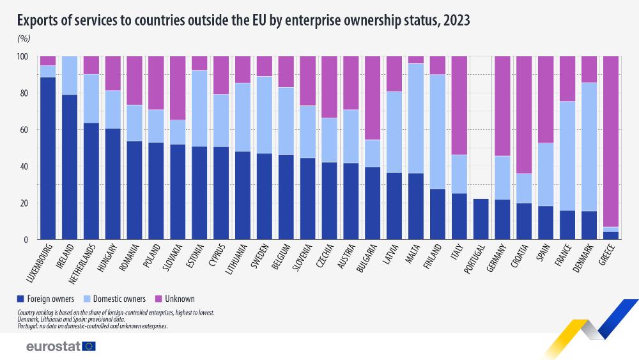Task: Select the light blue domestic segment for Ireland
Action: pos(70,75)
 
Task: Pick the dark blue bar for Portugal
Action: pos(479,219)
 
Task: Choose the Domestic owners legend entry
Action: pos(118,299)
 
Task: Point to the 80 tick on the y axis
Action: pos(24,93)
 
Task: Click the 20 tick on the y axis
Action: pos(24,203)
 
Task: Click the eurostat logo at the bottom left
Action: pos(61,346)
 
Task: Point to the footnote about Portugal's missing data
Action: pos(93,325)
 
